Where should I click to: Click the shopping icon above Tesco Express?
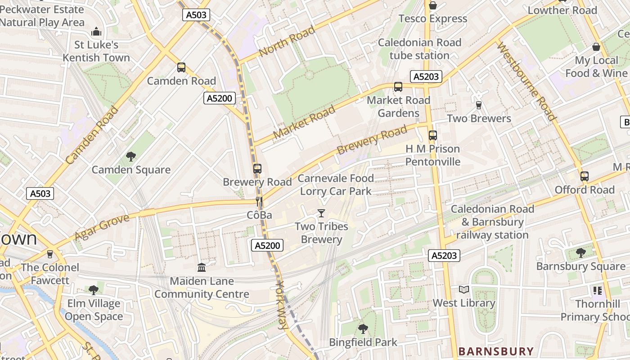tap(433, 5)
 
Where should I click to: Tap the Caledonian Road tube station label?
tap(419, 49)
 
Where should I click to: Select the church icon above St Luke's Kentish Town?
tap(96, 32)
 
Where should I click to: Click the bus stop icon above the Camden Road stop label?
tap(181, 67)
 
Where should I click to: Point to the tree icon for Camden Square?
tap(131, 157)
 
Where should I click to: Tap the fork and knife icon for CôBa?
tap(259, 201)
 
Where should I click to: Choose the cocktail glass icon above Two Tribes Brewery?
tap(321, 213)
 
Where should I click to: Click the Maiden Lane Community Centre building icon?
tap(202, 268)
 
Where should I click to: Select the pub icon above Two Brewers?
tap(479, 105)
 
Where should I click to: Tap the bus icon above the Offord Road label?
tap(584, 176)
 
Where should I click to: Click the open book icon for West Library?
tap(463, 289)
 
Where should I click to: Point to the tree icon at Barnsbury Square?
tap(580, 253)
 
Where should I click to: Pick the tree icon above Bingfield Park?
tap(363, 329)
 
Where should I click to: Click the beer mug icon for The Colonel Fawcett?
tap(50, 254)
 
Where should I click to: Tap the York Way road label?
tap(282, 305)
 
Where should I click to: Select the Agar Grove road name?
tap(102, 227)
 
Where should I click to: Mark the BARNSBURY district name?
tap(496, 351)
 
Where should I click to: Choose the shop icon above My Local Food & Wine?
tap(596, 47)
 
